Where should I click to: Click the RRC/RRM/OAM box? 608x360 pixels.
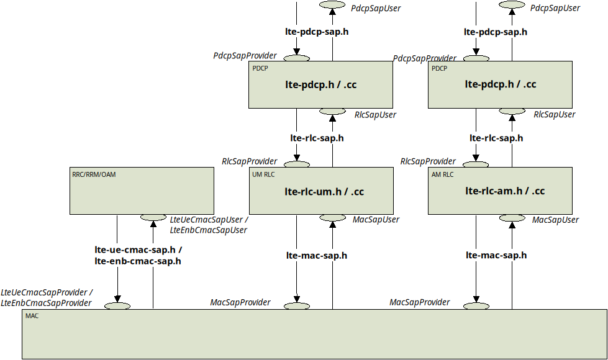click(x=142, y=191)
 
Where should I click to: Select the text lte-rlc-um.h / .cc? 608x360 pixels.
click(x=324, y=192)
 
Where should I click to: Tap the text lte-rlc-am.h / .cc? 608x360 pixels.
click(x=504, y=191)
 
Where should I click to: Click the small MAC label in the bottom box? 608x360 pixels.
click(x=32, y=316)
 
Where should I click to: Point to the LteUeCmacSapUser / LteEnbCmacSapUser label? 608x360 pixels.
click(x=209, y=225)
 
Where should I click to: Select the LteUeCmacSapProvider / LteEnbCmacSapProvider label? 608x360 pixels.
click(x=47, y=297)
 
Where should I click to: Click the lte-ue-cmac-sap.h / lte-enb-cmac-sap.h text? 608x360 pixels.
click(x=138, y=256)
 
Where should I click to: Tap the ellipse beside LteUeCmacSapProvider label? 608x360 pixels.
click(x=117, y=306)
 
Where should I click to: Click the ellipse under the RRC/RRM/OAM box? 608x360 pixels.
click(x=153, y=218)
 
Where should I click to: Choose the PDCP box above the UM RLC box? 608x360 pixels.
click(x=320, y=84)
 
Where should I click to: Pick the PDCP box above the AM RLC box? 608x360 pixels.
click(x=500, y=84)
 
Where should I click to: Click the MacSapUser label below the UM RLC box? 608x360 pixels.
click(x=376, y=220)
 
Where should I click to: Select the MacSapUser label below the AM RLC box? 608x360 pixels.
click(x=555, y=220)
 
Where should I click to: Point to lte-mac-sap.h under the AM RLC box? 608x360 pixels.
click(x=496, y=255)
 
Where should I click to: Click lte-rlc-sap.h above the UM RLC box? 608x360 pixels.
click(x=317, y=138)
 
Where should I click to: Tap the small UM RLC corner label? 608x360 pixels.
click(x=263, y=174)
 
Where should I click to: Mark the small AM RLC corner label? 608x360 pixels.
click(x=442, y=174)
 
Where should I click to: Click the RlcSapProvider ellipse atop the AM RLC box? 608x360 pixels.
click(x=476, y=165)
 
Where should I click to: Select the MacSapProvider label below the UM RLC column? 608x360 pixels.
click(x=240, y=302)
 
